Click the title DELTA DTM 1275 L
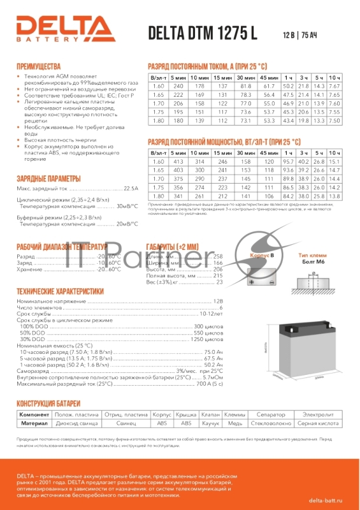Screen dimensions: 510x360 pos(203,34)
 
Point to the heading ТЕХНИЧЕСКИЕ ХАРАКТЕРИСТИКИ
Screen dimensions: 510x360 pos(60,291)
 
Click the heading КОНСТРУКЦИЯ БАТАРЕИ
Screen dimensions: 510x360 pos(48,404)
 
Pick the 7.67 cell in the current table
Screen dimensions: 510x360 pos(335,86)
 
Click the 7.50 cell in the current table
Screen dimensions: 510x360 pos(335,120)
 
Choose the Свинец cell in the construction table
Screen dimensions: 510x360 pos(127,423)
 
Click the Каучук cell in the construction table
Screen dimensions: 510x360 pos(210,423)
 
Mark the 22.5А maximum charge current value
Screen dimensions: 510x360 pos(130,189)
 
